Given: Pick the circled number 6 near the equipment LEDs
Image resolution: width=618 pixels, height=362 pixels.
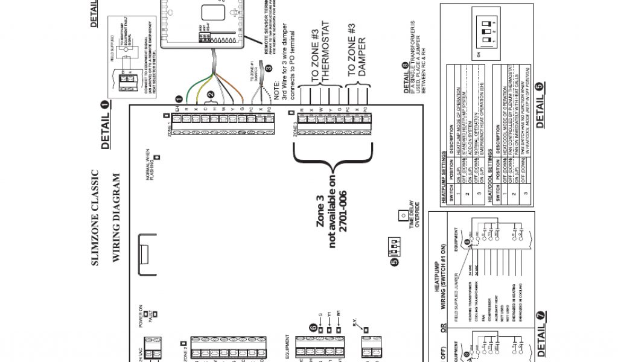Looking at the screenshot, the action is [x=313, y=326].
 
